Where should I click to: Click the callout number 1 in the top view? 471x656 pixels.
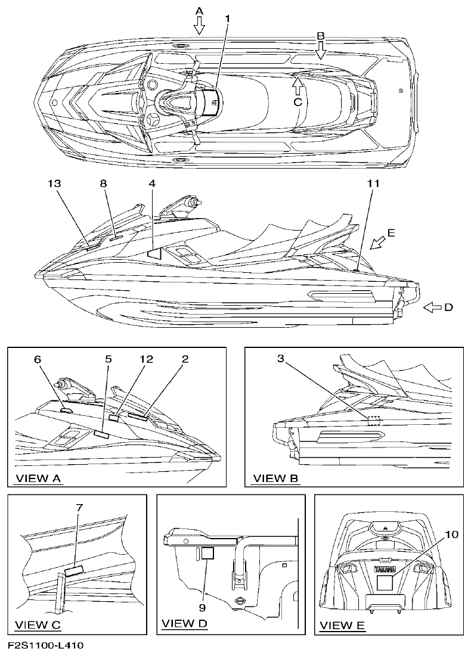tap(227, 18)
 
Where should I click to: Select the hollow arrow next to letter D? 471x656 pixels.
tap(432, 307)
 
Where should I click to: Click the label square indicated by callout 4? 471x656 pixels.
tap(154, 253)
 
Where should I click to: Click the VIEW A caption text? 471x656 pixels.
tap(39, 478)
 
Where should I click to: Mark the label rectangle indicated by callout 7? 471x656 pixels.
tap(74, 571)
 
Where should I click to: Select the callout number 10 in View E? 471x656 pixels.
tap(451, 534)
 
